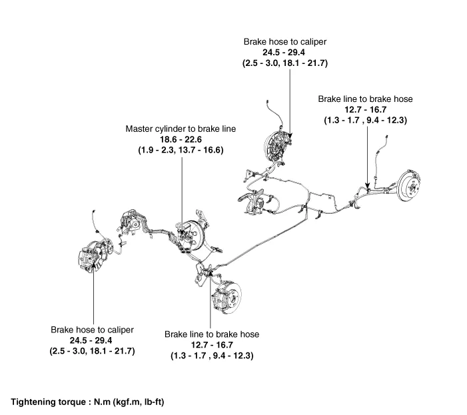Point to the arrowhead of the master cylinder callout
(x=181, y=229)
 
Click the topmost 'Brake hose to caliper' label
(x=290, y=41)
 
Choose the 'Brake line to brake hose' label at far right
(x=365, y=99)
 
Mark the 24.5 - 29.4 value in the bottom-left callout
(x=92, y=340)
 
